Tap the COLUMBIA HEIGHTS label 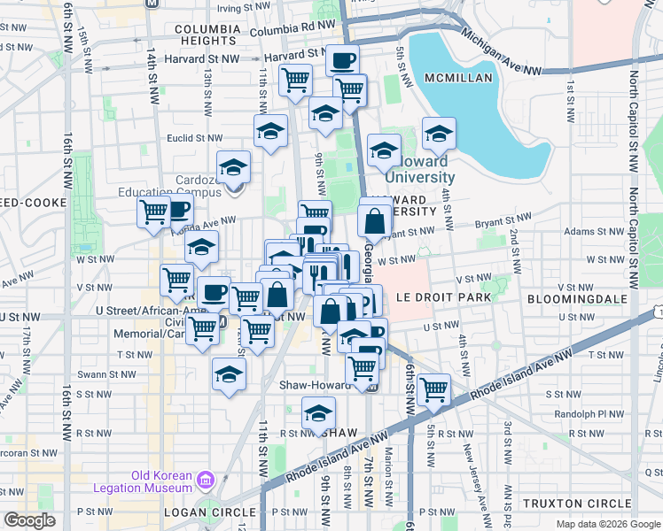coord(207,35)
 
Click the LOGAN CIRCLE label coord(198,512)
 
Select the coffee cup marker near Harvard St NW coord(342,61)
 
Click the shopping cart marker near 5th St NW coord(433,389)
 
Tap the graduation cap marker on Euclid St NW coord(270,132)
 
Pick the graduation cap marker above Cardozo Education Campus coord(233,166)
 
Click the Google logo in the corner coord(29,519)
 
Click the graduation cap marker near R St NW coord(318,413)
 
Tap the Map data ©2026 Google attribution coord(608,524)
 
